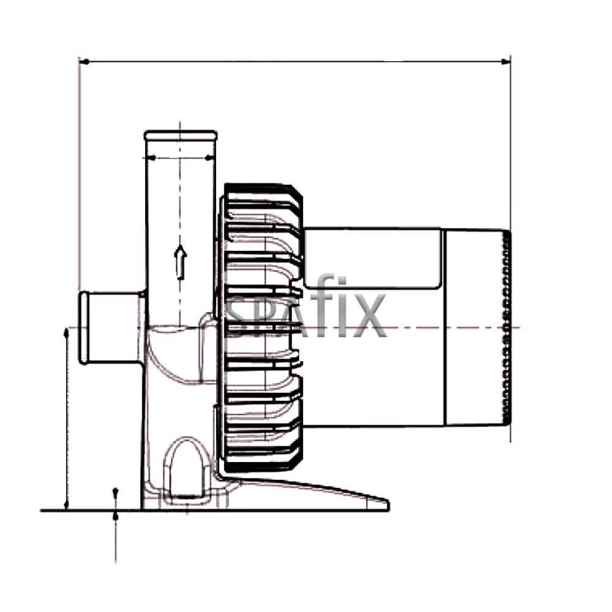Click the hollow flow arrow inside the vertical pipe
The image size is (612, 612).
pos(180,262)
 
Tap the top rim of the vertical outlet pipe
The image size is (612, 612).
pos(181,134)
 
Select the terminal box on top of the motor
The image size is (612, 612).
pos(372,258)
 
